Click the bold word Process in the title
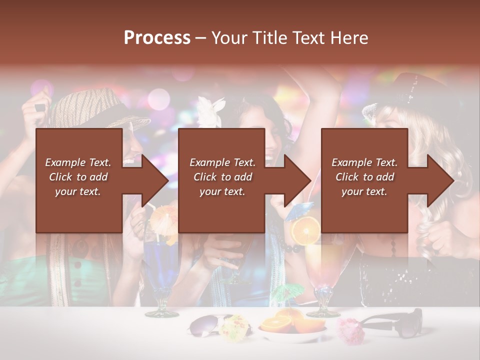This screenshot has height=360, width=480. [157, 38]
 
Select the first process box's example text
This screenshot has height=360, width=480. [78, 177]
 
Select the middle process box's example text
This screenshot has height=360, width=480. [222, 177]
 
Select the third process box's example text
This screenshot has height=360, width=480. [364, 177]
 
